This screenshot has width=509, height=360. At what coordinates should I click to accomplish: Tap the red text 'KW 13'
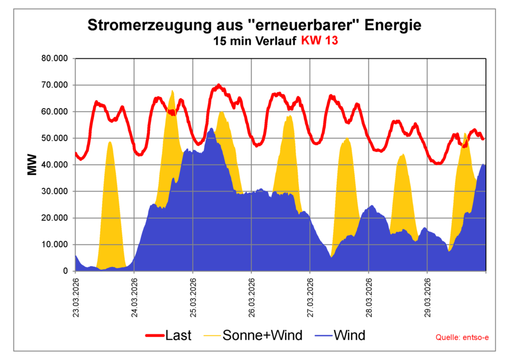320,41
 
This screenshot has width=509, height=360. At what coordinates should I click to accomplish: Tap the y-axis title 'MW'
33,165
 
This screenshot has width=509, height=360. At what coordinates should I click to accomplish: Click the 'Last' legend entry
169,336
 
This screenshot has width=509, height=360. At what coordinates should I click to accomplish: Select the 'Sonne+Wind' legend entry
254,336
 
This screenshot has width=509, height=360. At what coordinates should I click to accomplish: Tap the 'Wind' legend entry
340,336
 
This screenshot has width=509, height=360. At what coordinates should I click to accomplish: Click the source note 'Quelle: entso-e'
462,338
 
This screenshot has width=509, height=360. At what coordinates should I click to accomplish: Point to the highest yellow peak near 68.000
172,91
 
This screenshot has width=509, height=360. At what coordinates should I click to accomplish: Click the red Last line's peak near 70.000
219,86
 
